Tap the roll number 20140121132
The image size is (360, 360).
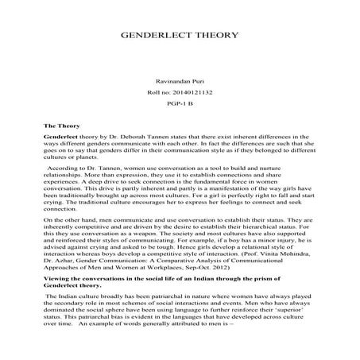tap(195, 94)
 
